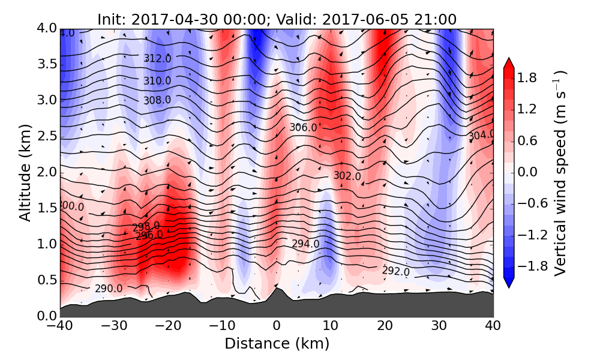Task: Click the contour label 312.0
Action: point(157,59)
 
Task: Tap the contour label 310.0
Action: point(157,80)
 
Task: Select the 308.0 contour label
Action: point(157,100)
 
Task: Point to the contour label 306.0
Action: point(303,127)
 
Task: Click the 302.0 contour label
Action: point(347,176)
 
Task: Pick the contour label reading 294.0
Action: point(305,244)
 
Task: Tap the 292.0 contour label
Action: point(395,271)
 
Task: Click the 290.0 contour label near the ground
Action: point(108,289)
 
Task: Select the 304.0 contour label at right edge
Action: point(481,136)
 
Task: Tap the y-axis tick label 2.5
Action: point(44,136)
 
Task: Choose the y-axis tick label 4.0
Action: point(44,28)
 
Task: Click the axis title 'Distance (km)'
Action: point(277,344)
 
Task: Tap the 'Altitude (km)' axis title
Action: point(25,173)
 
